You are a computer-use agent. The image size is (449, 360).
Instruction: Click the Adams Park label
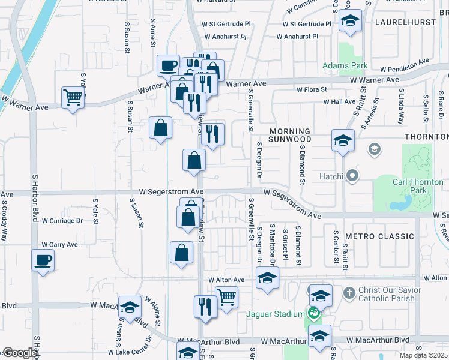click(x=345, y=65)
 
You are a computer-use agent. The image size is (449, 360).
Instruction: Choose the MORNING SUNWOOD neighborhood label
click(x=289, y=136)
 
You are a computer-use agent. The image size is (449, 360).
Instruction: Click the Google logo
click(x=19, y=353)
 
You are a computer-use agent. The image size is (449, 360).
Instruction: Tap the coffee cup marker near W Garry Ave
click(x=43, y=260)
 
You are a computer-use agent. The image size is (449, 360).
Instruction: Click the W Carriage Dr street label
click(x=62, y=221)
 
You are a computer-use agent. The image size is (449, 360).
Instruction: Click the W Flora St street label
click(x=311, y=89)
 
